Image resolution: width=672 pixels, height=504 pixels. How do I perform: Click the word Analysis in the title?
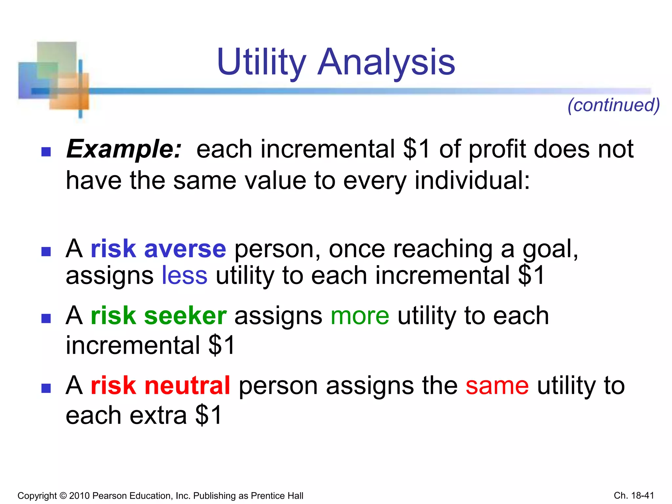386,62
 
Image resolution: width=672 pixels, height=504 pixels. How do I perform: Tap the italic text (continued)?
614,105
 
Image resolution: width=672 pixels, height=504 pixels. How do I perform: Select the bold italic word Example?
124,149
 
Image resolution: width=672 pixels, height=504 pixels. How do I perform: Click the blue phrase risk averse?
158,249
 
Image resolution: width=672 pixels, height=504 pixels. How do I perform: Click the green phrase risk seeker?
158,316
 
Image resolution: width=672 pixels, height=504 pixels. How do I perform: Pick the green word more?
360,316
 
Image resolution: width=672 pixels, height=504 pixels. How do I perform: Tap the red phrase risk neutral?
160,386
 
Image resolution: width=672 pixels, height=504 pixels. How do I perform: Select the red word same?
497,386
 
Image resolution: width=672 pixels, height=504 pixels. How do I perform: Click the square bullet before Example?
46,152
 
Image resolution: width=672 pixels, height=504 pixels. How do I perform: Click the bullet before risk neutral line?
46,388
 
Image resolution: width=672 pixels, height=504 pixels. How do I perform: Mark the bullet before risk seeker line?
46,318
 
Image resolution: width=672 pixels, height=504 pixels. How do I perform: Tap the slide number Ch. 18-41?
634,495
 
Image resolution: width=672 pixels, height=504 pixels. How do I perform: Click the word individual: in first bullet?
472,180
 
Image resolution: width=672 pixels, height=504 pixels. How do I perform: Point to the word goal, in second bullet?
550,249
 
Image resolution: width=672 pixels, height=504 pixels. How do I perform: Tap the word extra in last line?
158,415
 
